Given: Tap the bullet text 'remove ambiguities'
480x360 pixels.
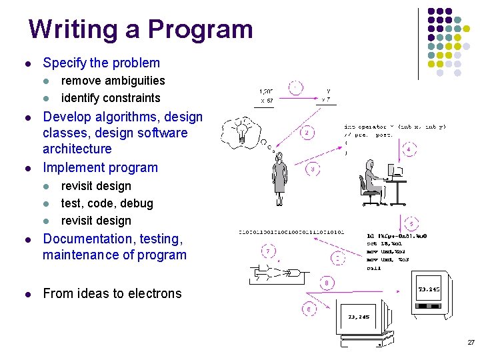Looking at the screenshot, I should click(113, 81).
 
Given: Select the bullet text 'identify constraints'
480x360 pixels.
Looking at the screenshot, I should click(111, 98).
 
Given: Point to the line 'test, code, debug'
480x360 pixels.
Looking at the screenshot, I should click(107, 203).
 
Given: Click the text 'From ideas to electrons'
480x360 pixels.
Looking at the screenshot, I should click(112, 293).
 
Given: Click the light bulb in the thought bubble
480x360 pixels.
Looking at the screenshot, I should click(244, 130).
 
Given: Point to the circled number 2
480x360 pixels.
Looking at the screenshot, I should click(307, 133).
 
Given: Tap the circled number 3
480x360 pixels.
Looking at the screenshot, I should click(313, 169).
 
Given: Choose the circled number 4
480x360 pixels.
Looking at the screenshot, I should click(409, 149).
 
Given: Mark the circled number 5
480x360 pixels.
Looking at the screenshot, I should click(413, 223).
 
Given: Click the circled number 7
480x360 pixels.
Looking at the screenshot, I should click(269, 251).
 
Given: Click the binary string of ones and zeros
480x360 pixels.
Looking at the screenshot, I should click(291, 233).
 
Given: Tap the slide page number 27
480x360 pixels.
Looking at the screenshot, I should click(471, 342).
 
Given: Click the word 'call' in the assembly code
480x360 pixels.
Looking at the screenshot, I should click(374, 268).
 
